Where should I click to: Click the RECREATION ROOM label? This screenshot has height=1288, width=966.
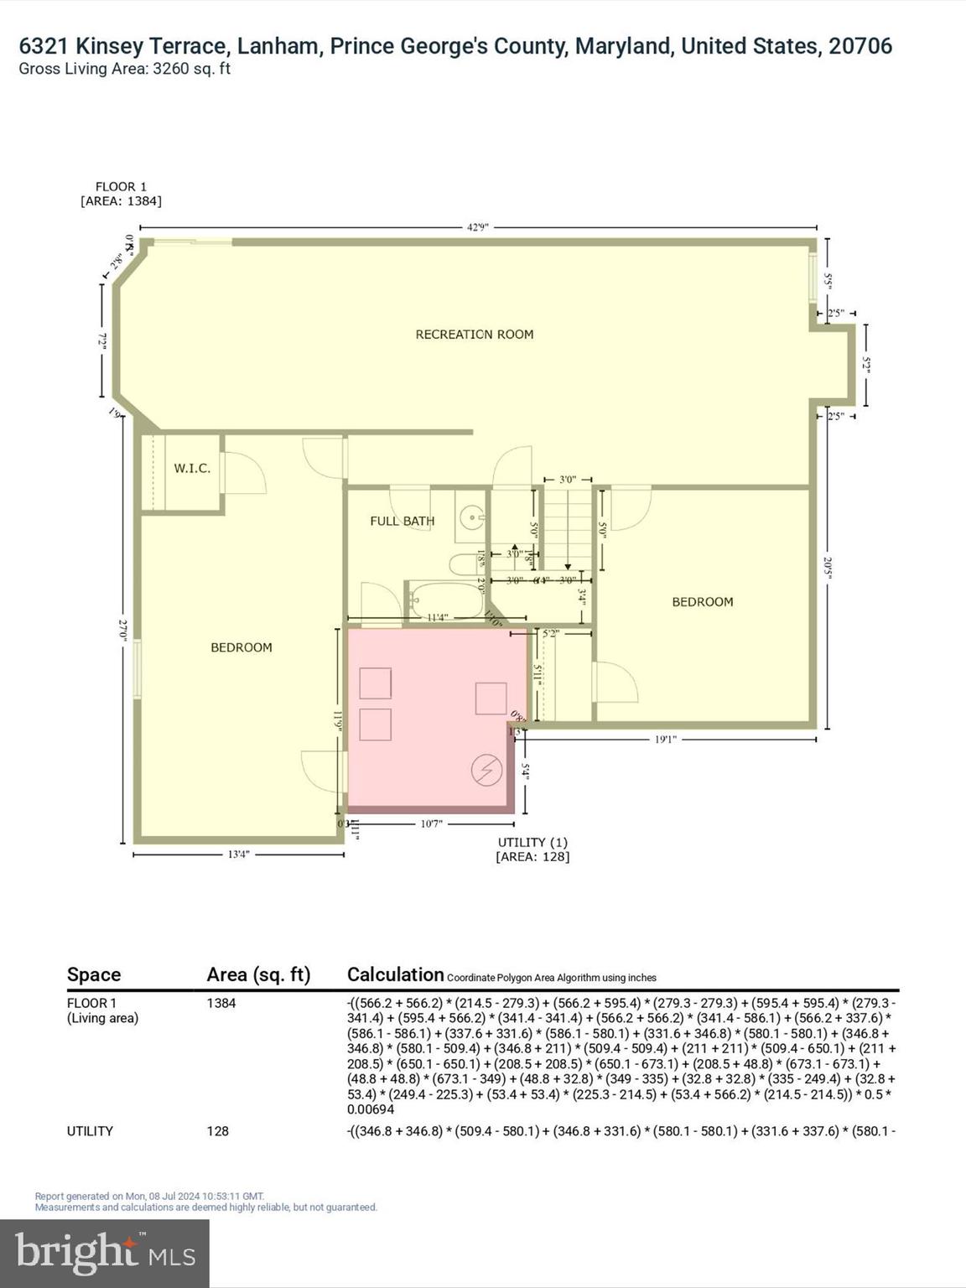click(475, 335)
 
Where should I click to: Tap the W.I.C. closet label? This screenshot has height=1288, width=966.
click(192, 468)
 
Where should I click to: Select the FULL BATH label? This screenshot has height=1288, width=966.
click(402, 521)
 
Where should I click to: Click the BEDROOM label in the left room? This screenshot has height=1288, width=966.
click(241, 647)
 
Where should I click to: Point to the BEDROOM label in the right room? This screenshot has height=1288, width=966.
click(703, 602)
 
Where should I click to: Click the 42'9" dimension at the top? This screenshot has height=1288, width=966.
click(478, 226)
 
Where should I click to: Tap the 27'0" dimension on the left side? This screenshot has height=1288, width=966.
click(124, 631)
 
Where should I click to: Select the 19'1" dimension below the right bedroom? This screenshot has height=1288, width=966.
click(665, 740)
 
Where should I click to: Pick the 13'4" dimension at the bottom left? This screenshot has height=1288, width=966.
click(239, 854)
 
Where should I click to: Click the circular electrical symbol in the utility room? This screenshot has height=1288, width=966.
click(486, 770)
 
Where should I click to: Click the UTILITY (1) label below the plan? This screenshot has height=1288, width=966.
click(532, 842)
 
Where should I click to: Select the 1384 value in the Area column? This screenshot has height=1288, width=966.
click(221, 1003)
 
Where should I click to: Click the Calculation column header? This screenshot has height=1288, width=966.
click(395, 974)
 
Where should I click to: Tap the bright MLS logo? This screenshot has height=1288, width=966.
click(105, 1253)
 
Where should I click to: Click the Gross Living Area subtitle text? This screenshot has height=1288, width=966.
click(125, 70)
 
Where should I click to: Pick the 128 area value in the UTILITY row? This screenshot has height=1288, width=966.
click(218, 1131)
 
